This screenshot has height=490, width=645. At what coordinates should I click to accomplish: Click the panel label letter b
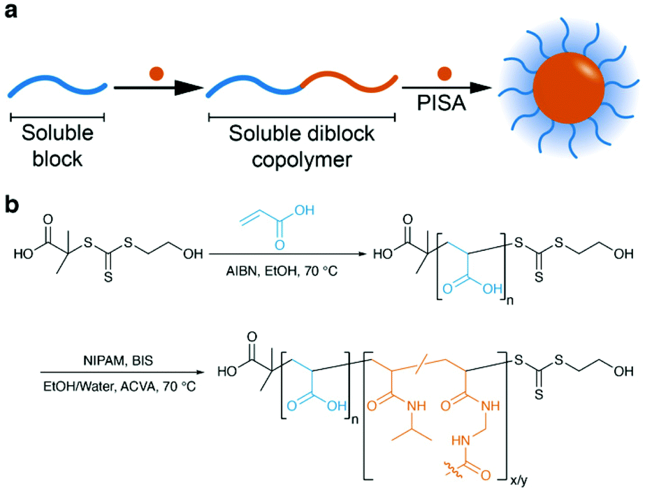coord(12,208)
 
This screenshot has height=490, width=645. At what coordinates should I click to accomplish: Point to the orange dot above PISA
coord(442,72)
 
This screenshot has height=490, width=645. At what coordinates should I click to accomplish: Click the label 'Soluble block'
coord(55,145)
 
